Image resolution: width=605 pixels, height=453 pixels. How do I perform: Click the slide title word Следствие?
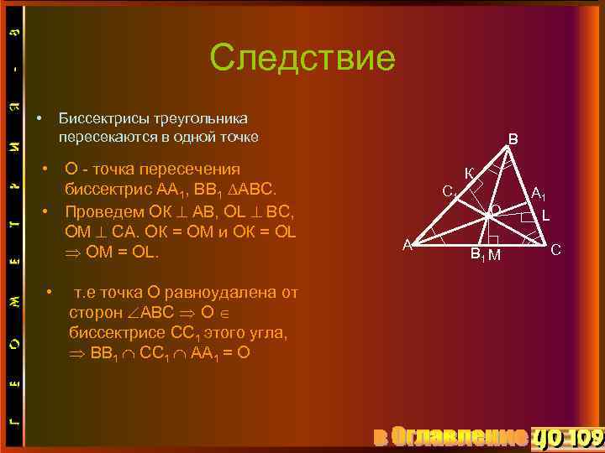tap(302, 58)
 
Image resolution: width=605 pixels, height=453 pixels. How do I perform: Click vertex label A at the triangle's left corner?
tap(407, 244)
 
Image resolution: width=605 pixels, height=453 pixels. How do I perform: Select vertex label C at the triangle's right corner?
tap(555, 249)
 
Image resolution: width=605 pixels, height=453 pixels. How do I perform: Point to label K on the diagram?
tap(469, 174)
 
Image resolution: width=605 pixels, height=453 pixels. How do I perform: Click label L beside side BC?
tap(546, 216)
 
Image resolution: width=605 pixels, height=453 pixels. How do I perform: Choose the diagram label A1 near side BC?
tap(539, 194)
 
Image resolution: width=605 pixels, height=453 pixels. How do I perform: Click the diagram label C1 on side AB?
tap(450, 191)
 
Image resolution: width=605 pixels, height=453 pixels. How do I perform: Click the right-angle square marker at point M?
tap(493, 241)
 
